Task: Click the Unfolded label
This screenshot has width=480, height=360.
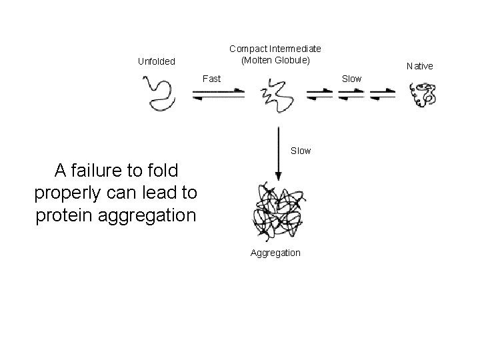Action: (156, 62)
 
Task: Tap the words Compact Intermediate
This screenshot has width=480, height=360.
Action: (275, 49)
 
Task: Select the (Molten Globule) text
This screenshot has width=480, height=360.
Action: (275, 61)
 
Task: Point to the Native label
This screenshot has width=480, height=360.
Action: (420, 66)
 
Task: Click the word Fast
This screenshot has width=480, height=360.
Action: (211, 79)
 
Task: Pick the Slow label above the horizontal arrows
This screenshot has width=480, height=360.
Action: (351, 79)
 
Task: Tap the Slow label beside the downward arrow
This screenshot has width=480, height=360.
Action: (301, 151)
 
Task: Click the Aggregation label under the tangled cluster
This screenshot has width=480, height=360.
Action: (275, 253)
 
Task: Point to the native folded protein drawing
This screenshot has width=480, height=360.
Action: (423, 95)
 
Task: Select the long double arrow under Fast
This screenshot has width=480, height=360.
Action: (218, 95)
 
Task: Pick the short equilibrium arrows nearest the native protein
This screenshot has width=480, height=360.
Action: (382, 95)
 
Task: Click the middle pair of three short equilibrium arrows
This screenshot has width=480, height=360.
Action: (351, 95)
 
